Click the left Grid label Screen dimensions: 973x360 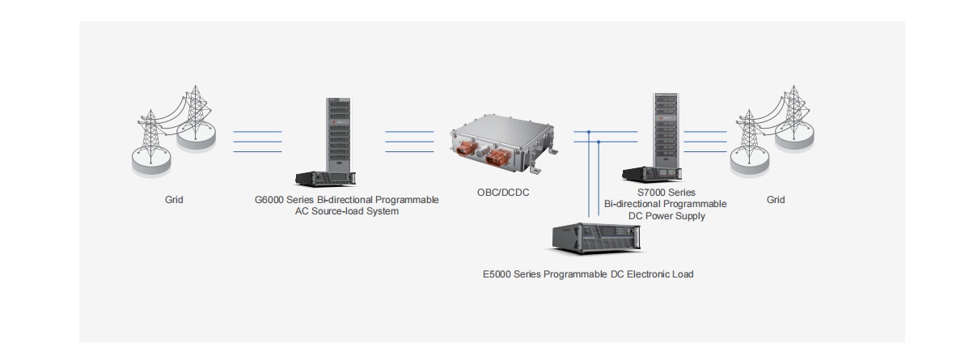[x=174, y=200]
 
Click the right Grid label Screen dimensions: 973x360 [x=776, y=200]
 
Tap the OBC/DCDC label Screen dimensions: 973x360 [x=503, y=193]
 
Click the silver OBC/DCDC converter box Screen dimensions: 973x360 [x=504, y=143]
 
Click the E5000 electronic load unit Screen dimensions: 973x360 [x=596, y=238]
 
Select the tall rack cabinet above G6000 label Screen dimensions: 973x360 [x=338, y=135]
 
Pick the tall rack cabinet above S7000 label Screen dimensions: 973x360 [x=666, y=130]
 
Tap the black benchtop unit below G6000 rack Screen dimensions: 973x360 [x=325, y=179]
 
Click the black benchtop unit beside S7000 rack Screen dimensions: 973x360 [x=652, y=174]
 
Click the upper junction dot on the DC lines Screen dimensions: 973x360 [x=589, y=132]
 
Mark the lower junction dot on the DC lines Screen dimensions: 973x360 [x=599, y=142]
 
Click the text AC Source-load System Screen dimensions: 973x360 [x=347, y=211]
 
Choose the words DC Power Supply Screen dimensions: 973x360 [x=666, y=216]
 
